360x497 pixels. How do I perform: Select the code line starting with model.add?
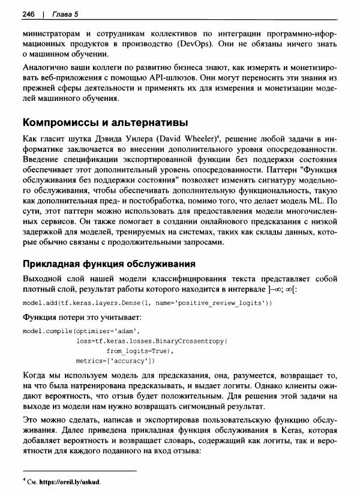147,304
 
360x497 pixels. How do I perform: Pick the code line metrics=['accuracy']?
116,361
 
